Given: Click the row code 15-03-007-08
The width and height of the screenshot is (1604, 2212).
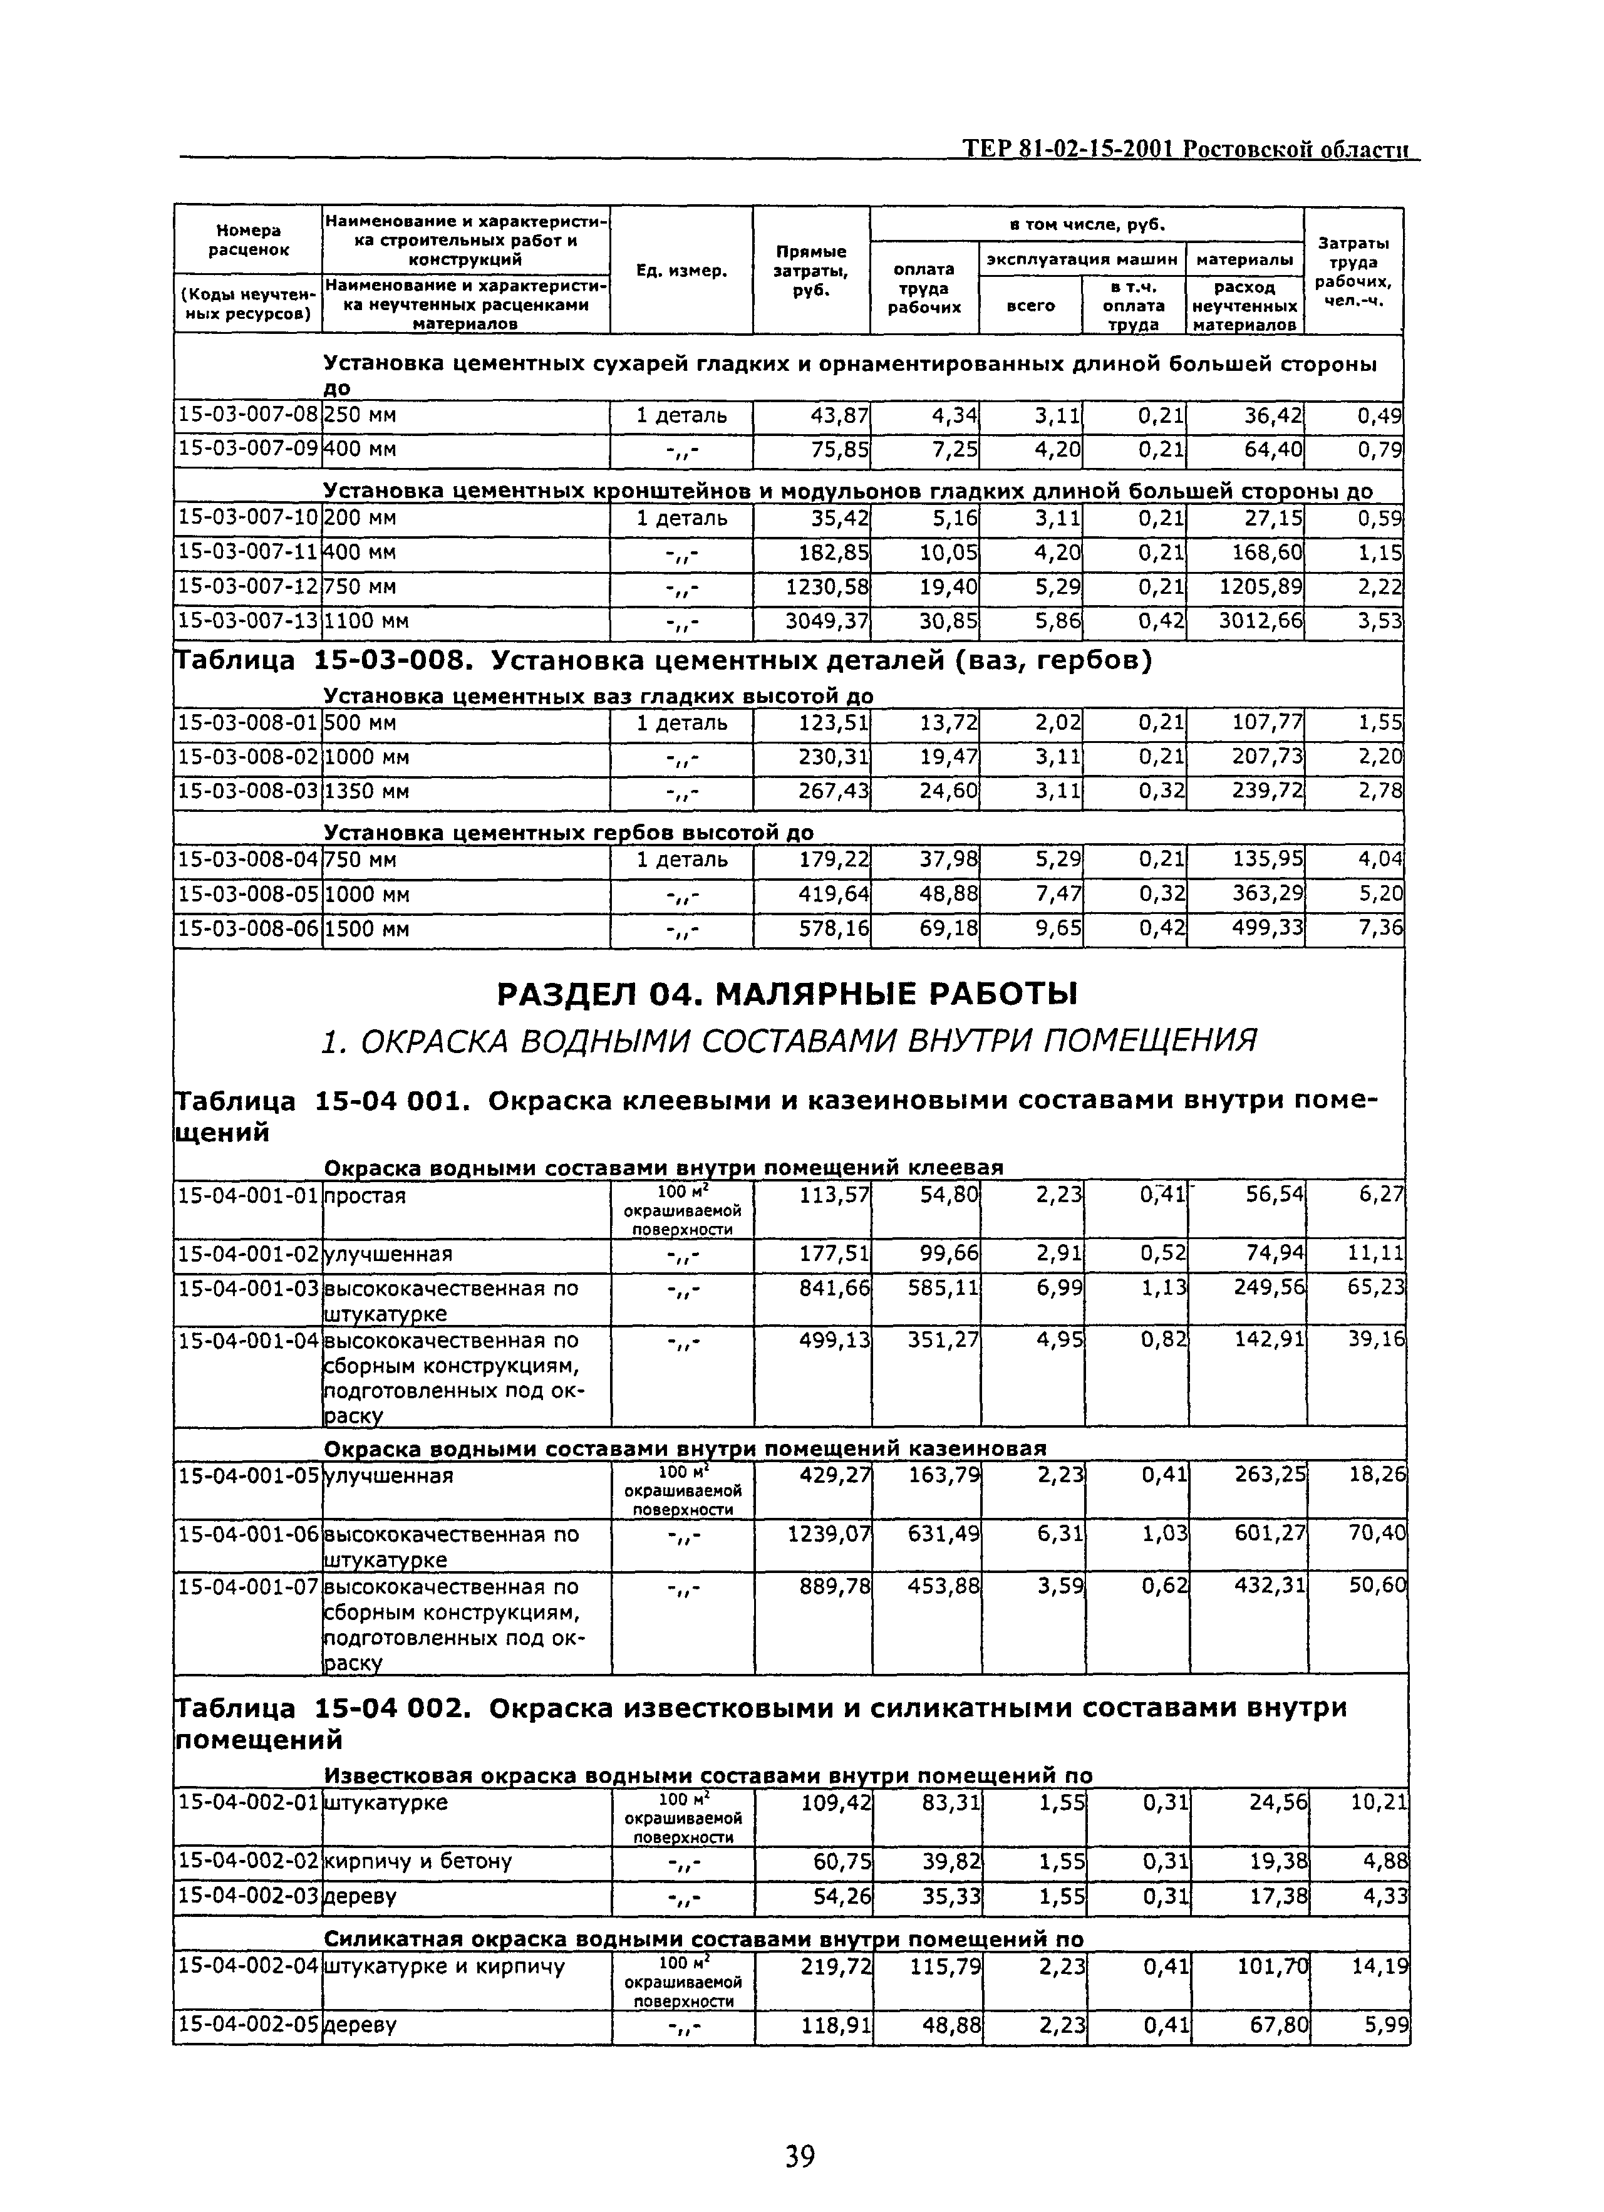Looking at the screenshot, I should pos(247,415).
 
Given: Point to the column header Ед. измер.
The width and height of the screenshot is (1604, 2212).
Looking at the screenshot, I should pos(681,270).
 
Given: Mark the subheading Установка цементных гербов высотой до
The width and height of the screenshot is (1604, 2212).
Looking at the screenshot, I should pos(567,832).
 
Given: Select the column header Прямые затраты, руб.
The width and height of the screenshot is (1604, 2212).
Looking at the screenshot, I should pos(810,270).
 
